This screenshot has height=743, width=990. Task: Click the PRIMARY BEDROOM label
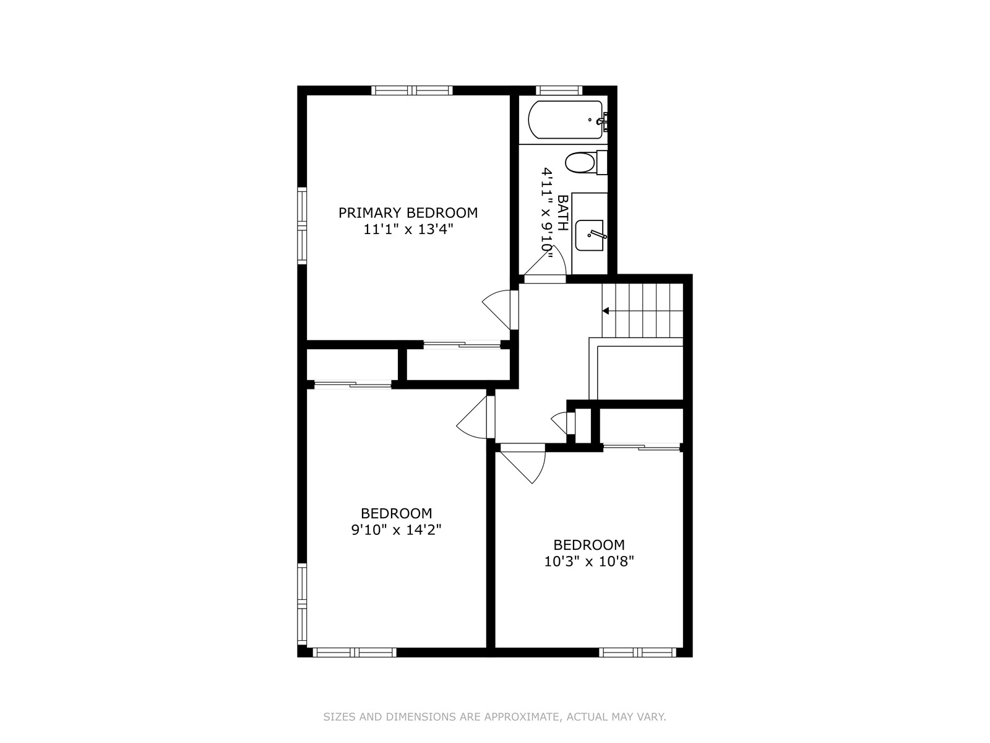408,212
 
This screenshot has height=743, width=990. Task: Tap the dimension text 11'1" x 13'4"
408,230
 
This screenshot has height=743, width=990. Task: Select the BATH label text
562,212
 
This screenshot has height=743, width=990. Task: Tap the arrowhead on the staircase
606,311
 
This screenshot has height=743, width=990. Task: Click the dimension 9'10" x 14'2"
396,529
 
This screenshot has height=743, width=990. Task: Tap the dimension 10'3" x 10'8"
589,561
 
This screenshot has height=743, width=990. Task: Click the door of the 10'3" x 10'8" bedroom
524,464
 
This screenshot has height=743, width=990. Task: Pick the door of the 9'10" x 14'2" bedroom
473,417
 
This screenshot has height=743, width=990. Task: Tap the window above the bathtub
559,90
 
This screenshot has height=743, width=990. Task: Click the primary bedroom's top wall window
412,90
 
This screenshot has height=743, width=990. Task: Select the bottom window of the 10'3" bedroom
638,653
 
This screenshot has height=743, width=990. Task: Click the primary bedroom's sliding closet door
462,345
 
